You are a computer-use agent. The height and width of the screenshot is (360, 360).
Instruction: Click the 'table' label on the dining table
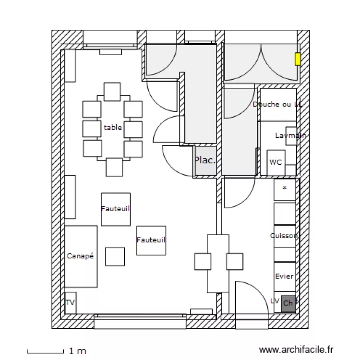coord(113,128)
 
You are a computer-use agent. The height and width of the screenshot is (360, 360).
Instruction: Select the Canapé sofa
coord(81,256)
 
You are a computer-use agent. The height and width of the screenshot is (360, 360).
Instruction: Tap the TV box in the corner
coord(70,303)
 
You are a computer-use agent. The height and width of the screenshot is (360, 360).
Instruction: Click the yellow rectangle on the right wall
coord(298,59)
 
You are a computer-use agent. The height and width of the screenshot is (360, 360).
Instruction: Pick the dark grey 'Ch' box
coord(288,303)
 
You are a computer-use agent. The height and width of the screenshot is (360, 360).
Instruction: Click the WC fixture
coord(276,162)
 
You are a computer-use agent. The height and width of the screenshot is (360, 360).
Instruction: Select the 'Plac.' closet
coord(205,160)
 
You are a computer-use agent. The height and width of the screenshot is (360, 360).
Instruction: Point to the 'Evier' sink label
coord(284,276)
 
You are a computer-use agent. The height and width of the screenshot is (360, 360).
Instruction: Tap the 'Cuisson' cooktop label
coord(284,236)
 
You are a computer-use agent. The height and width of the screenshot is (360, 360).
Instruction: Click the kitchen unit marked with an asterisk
coord(285,189)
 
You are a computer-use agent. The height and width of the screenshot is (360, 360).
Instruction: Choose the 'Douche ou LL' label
coord(278,104)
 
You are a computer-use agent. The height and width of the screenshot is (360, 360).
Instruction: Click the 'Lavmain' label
coord(290,136)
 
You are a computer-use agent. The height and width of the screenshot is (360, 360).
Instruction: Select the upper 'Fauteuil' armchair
coord(116,209)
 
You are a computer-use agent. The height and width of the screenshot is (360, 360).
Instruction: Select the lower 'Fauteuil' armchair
coord(151,240)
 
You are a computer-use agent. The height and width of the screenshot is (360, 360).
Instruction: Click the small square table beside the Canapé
coord(115,256)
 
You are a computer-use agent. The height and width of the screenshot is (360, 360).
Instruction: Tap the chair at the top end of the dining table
coord(112,91)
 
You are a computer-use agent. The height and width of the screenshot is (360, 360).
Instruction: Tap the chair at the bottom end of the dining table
coord(114,167)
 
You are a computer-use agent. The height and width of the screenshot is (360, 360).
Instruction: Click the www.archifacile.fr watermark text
coord(296,350)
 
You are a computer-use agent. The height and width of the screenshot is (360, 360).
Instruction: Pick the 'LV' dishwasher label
coord(275,301)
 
